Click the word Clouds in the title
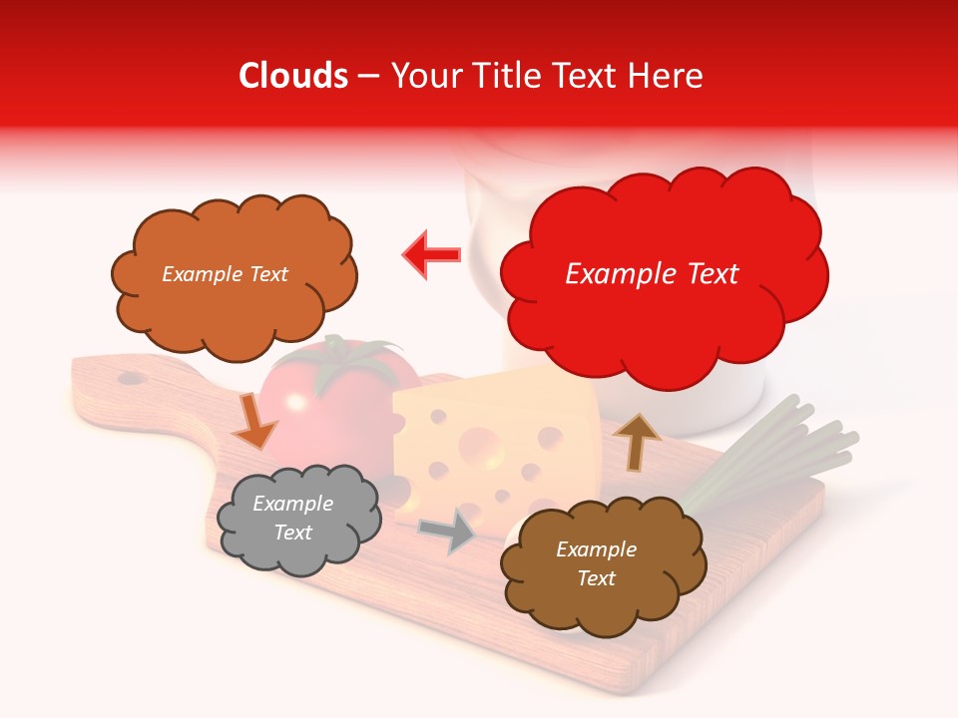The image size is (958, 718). pos(293,76)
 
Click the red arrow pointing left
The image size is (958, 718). pos(432,255)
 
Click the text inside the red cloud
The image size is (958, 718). pos(652,274)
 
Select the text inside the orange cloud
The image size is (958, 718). pos(225,274)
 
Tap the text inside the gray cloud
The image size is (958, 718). pos(293,518)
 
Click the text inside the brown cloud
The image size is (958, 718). pos(596,563)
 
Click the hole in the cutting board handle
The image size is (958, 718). pos(131,378)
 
